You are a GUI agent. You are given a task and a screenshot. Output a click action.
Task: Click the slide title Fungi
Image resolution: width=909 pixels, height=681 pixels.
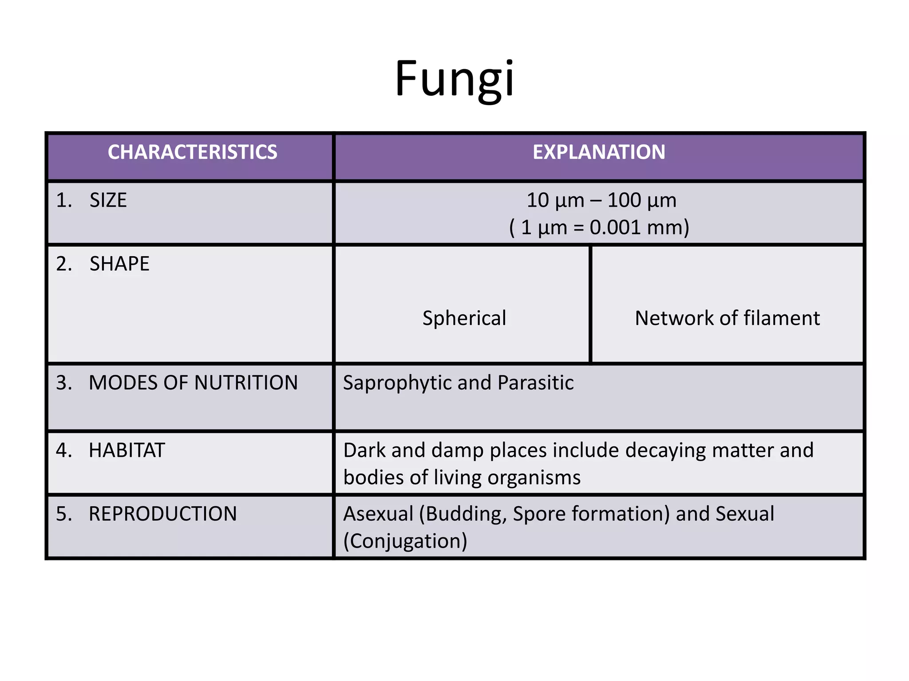454,79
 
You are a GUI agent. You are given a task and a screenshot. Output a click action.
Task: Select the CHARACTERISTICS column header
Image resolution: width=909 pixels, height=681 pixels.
192,152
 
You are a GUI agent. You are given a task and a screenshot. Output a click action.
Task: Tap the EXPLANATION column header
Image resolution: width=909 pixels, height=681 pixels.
599,152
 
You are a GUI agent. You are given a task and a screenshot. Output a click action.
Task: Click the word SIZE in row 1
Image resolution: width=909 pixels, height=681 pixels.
108,200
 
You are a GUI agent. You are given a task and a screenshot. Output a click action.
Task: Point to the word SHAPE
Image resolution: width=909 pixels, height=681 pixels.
119,264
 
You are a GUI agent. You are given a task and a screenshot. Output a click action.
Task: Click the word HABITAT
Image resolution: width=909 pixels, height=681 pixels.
127,450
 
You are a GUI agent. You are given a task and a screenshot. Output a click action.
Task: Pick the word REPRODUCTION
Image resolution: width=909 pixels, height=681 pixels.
162,514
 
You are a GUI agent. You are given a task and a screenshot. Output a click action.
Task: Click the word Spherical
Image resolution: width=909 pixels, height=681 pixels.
464,318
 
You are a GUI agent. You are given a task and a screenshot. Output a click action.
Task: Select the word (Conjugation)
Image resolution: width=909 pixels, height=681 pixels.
405,541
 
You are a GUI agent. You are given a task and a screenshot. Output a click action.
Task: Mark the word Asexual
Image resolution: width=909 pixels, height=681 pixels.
378,514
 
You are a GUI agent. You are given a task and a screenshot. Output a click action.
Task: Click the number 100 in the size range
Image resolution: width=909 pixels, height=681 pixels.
624,200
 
